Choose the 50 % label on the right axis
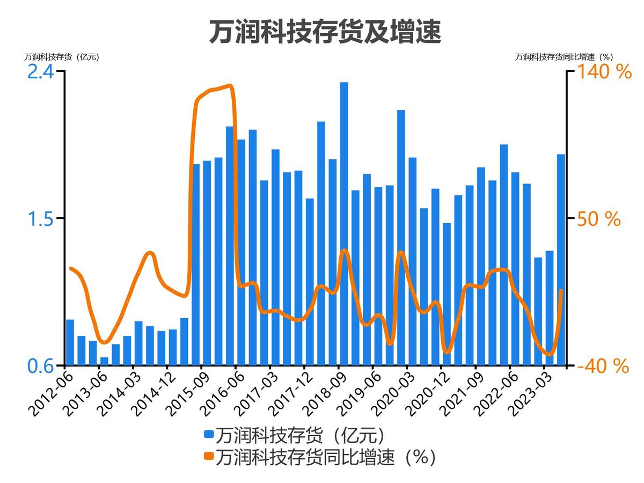(599, 219)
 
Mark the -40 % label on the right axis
(602, 366)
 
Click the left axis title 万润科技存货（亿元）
(62, 56)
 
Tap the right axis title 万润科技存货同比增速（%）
(564, 56)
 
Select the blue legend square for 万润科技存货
(209, 434)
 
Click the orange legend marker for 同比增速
(209, 457)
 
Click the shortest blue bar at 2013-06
(104, 361)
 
